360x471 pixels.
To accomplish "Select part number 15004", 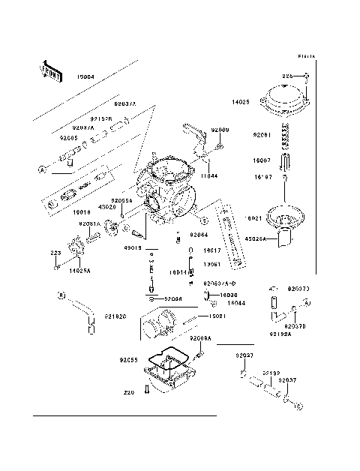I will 85,77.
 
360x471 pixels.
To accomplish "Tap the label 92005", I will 69,138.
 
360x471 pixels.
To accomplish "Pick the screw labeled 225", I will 308,76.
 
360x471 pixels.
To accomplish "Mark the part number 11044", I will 208,175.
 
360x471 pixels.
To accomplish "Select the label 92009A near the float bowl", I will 200,338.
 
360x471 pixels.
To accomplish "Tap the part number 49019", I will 132,247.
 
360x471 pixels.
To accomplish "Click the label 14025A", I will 80,268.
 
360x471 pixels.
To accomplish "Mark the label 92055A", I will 121,201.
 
